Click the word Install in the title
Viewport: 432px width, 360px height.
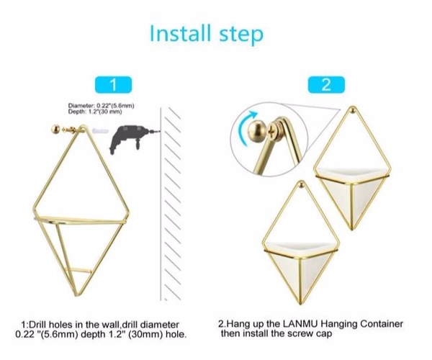(x=181, y=33)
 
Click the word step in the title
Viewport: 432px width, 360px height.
(x=241, y=35)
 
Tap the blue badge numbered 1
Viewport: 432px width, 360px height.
(x=113, y=85)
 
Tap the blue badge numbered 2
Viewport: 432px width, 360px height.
(x=326, y=85)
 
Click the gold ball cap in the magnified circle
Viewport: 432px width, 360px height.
(x=257, y=130)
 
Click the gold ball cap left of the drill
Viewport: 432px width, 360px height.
(x=55, y=129)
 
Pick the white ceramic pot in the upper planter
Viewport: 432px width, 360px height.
(x=353, y=193)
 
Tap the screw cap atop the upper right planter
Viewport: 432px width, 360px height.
(x=352, y=110)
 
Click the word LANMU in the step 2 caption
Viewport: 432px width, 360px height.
(x=300, y=324)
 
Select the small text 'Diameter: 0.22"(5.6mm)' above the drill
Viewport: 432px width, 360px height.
(x=101, y=106)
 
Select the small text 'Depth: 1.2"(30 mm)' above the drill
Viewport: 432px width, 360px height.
(x=95, y=112)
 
